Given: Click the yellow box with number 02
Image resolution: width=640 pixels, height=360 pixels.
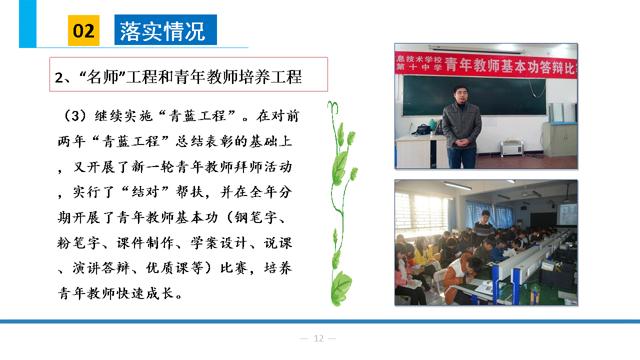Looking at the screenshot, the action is click(83, 30).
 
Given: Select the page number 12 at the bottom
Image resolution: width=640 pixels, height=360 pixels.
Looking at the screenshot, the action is click(318, 338).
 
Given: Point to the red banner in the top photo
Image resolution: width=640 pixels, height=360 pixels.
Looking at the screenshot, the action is click(485, 65).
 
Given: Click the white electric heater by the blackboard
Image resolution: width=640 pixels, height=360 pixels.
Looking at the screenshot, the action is click(511, 148).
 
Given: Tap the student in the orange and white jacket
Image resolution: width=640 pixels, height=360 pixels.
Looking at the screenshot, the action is click(460, 275).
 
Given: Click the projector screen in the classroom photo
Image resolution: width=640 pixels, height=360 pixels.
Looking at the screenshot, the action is click(566, 214).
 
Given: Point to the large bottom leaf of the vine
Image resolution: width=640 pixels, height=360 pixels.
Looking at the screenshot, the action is click(341, 288).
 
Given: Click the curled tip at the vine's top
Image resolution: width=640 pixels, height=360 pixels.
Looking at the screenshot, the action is click(333, 105).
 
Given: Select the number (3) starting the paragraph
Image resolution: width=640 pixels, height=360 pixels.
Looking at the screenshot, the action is click(75, 115).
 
